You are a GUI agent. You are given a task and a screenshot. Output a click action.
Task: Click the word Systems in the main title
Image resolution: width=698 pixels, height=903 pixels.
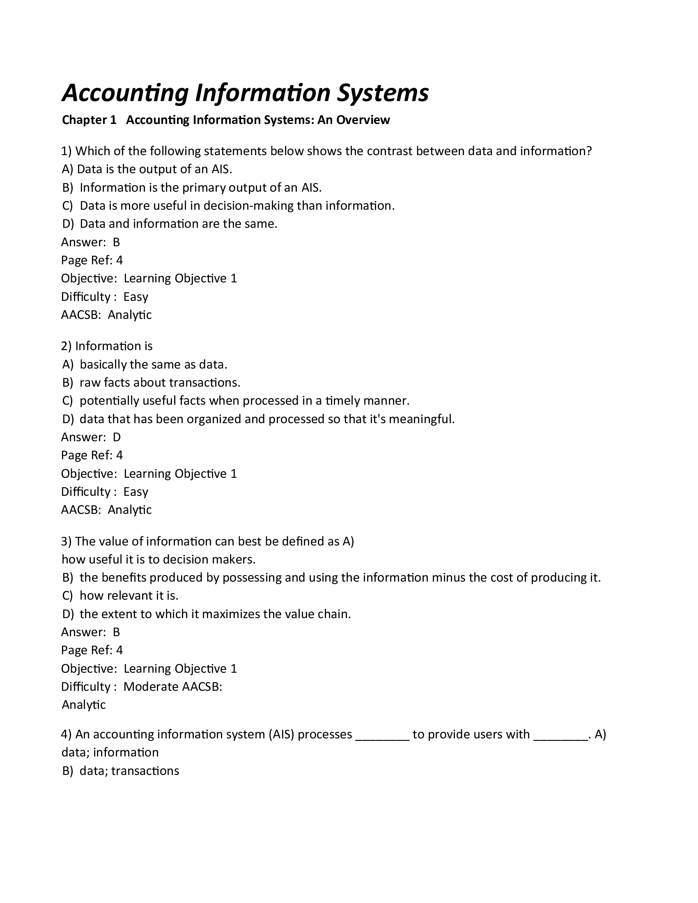click(382, 93)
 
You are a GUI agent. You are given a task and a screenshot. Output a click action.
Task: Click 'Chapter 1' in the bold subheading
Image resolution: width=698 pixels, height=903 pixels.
click(89, 120)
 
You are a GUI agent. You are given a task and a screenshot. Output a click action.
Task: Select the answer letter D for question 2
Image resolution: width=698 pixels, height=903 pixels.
click(117, 437)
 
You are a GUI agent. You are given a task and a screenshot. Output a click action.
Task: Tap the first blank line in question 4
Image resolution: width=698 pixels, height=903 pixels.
click(382, 735)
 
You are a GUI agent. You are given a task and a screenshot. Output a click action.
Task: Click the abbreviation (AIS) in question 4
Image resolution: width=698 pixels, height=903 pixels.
click(281, 734)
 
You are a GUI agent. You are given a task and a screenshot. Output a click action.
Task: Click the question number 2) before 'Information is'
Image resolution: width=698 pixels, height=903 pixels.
click(66, 346)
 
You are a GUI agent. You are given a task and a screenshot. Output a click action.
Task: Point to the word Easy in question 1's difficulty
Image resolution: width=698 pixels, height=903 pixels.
click(135, 297)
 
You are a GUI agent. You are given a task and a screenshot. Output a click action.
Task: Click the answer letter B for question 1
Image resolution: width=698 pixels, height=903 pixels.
click(116, 242)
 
